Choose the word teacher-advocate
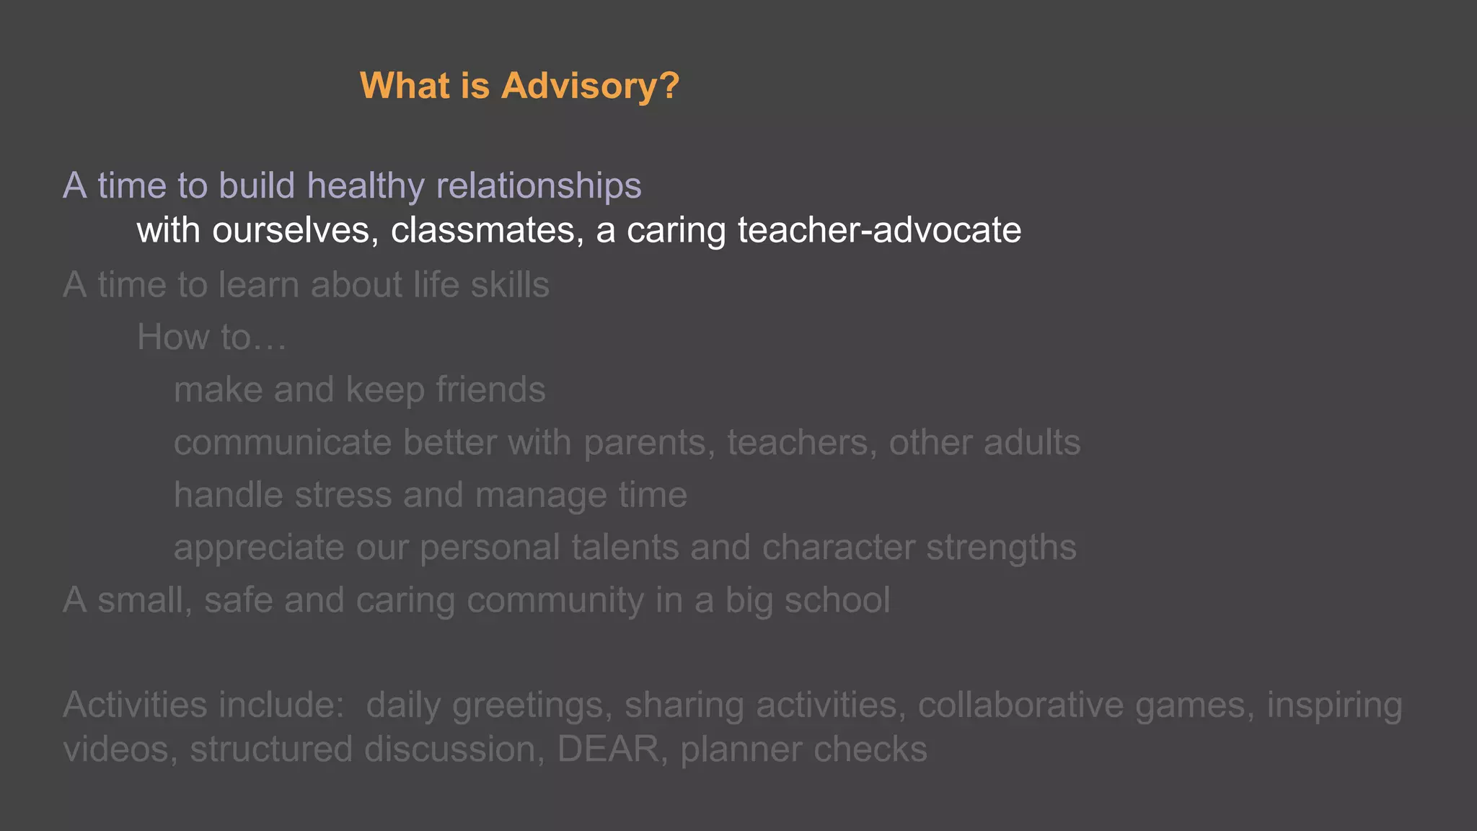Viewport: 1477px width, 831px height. click(879, 231)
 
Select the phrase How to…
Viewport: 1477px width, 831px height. click(211, 338)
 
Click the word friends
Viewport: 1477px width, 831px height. click(490, 390)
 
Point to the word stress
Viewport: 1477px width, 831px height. click(343, 496)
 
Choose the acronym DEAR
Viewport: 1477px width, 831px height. click(608, 749)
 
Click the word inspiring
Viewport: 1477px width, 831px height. click(1334, 705)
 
